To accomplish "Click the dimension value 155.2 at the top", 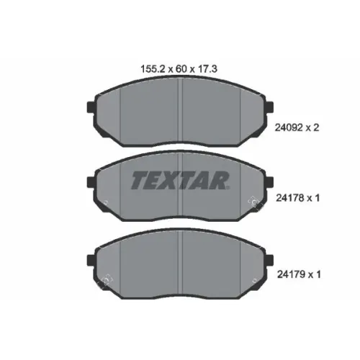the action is click(x=153, y=69).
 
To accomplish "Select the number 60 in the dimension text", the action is click(x=181, y=69).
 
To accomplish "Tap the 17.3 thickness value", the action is click(x=207, y=69).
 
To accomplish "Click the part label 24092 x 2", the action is click(x=297, y=127).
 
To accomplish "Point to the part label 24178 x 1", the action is click(x=297, y=198).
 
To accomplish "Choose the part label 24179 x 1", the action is click(x=299, y=274).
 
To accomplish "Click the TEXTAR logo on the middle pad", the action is click(x=180, y=180).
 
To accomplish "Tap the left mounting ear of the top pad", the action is click(x=91, y=107).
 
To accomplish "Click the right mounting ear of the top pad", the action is click(x=269, y=107).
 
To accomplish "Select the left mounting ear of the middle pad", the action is click(x=91, y=182).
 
